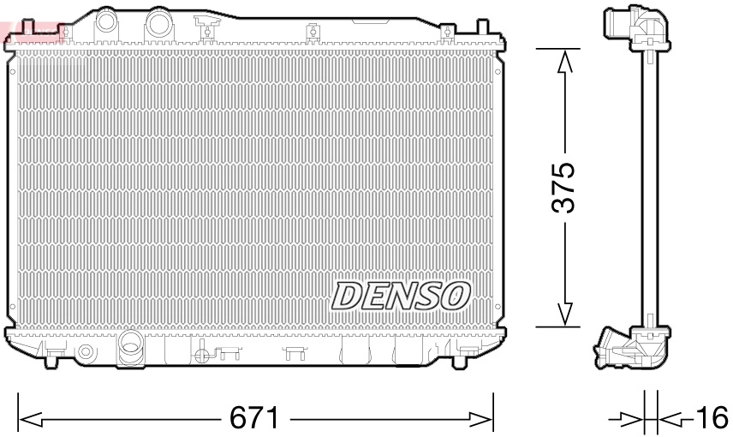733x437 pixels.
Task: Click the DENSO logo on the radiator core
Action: pyautogui.click(x=401, y=295)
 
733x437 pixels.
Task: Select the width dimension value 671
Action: pyautogui.click(x=254, y=419)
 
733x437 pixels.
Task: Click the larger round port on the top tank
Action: pyautogui.click(x=158, y=22)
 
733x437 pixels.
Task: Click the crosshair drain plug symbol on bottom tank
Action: pyautogui.click(x=200, y=352)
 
